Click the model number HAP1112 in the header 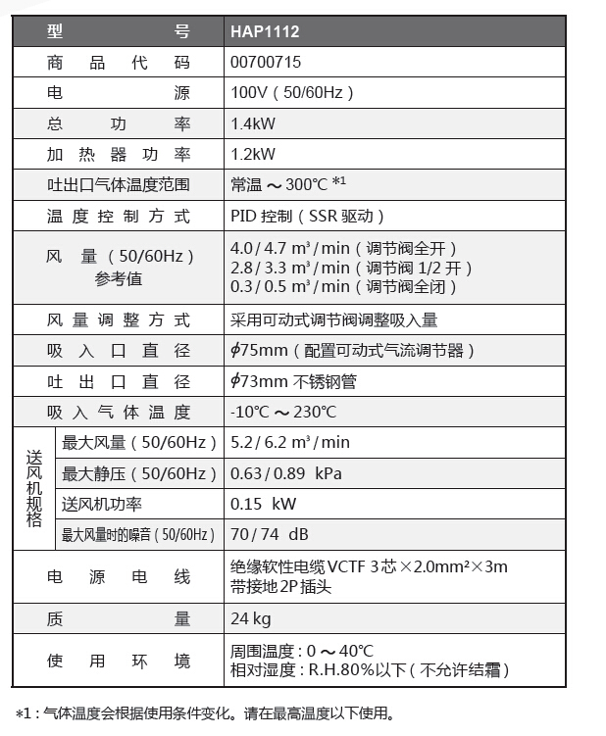click(265, 31)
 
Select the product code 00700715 click(266, 62)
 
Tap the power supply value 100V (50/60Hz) click(292, 93)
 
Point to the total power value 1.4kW click(253, 123)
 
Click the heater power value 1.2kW click(253, 154)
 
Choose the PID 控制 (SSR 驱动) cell click(308, 216)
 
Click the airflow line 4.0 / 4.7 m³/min click(289, 249)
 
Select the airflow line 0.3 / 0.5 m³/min click(289, 286)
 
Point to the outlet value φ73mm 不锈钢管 click(293, 381)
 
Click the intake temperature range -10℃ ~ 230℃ click(283, 412)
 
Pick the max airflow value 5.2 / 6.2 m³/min click(289, 442)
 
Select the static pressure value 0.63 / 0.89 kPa click(285, 473)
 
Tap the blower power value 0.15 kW click(263, 504)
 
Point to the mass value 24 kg click(250, 618)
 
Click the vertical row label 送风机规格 click(34, 488)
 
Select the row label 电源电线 click(119, 577)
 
